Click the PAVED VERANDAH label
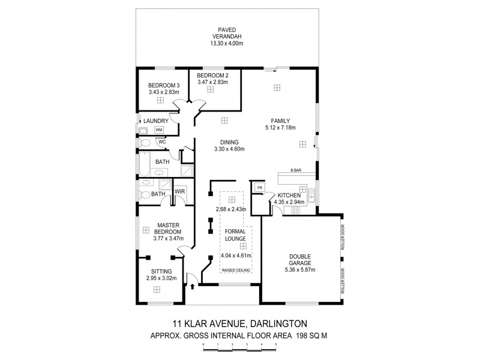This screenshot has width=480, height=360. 226,31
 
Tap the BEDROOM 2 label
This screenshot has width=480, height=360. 213,76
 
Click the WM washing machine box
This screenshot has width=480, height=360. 159,130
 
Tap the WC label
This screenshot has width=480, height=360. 162,142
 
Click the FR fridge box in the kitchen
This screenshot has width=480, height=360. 259,188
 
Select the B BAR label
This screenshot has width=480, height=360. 296,170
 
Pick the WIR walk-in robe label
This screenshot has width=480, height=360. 179,191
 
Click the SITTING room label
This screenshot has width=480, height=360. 161,271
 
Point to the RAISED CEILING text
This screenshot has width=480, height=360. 236,271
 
